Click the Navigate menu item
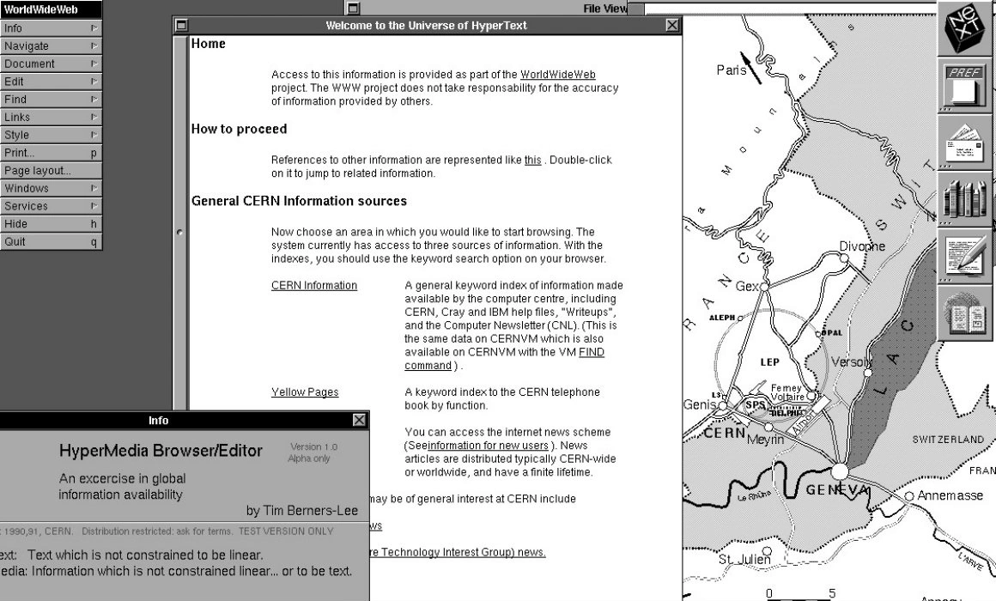point(27,46)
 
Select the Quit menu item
point(15,241)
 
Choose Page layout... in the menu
point(37,170)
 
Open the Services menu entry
point(26,206)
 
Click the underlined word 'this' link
point(532,160)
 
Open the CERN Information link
point(313,285)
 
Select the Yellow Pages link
point(305,392)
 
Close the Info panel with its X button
point(359,420)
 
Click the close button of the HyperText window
point(671,26)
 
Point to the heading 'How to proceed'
point(239,129)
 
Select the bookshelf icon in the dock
point(966,198)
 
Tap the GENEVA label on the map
point(837,489)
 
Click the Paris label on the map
point(732,70)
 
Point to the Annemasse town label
point(950,495)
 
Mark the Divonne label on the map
point(861,246)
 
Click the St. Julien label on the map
point(744,560)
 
